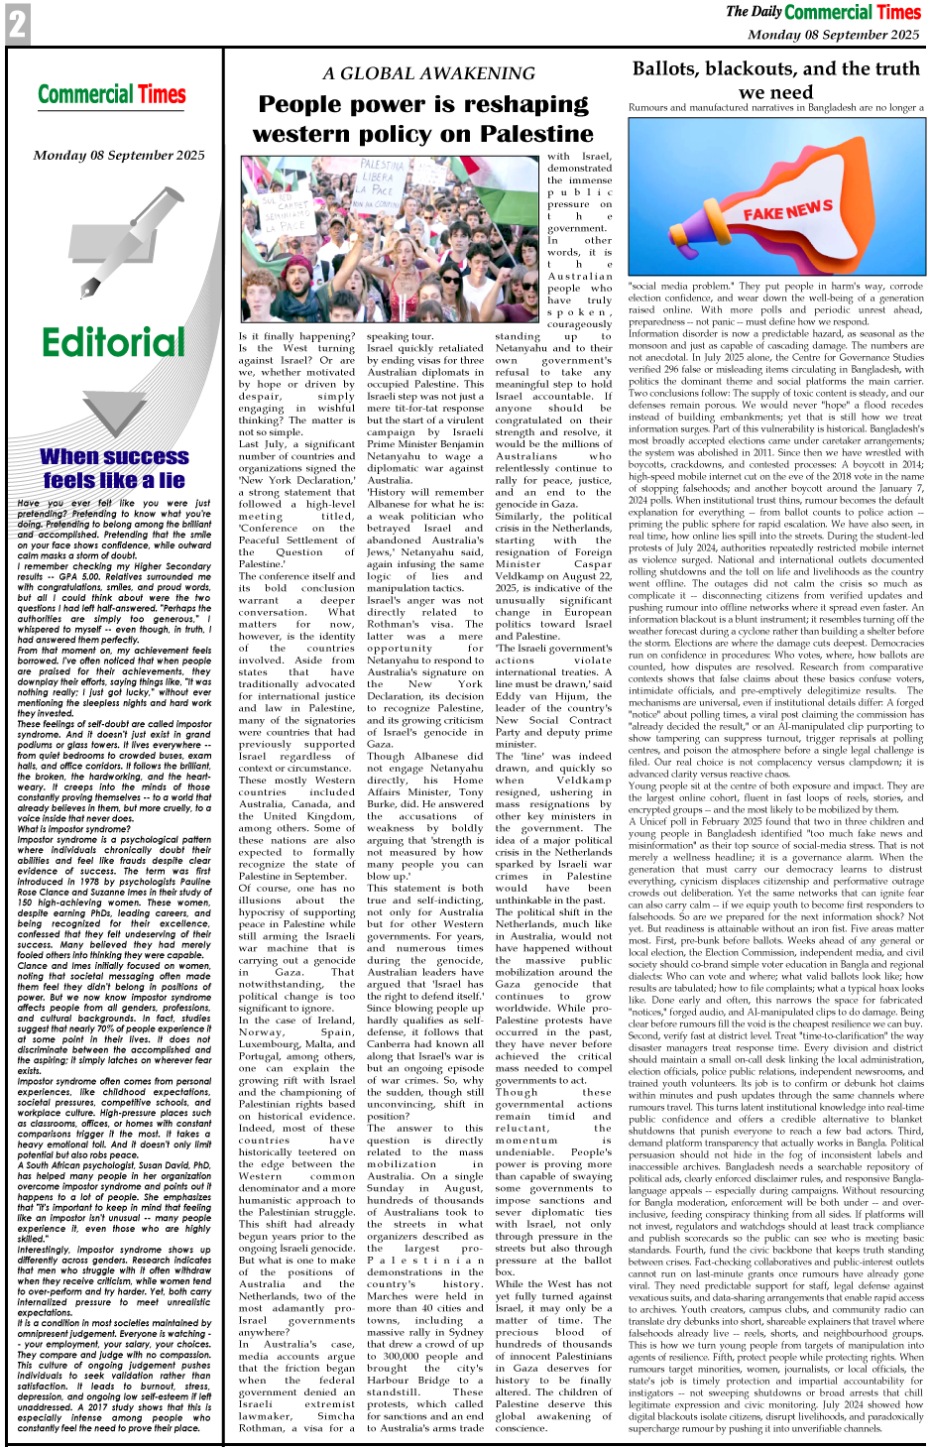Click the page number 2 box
tap(17, 24)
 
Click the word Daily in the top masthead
tap(766, 12)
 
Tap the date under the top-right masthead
tap(833, 34)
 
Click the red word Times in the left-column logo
tap(162, 95)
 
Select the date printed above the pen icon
tap(119, 155)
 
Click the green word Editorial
tap(113, 343)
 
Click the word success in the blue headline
tap(142, 456)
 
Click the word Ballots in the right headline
tap(674, 68)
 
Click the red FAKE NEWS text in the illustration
tap(787, 210)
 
